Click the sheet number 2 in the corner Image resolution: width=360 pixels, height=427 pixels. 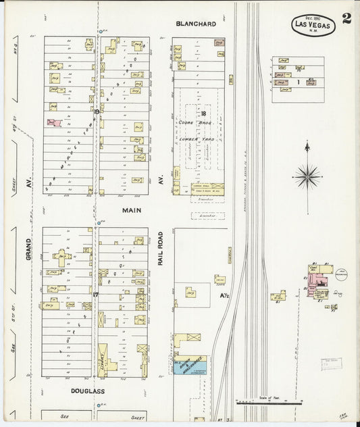(346, 18)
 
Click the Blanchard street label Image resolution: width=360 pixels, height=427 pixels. (196, 24)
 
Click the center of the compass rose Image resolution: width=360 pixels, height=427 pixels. (307, 176)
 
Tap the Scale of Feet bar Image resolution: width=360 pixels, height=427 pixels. (266, 403)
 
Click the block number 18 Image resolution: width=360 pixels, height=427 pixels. (201, 114)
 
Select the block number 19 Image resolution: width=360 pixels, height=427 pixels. (97, 111)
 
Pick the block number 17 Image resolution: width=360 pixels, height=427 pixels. (96, 295)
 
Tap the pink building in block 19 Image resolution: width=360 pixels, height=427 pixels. (53, 123)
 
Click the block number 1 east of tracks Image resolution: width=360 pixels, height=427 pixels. (298, 82)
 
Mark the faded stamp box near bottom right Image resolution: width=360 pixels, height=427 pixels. (331, 363)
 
